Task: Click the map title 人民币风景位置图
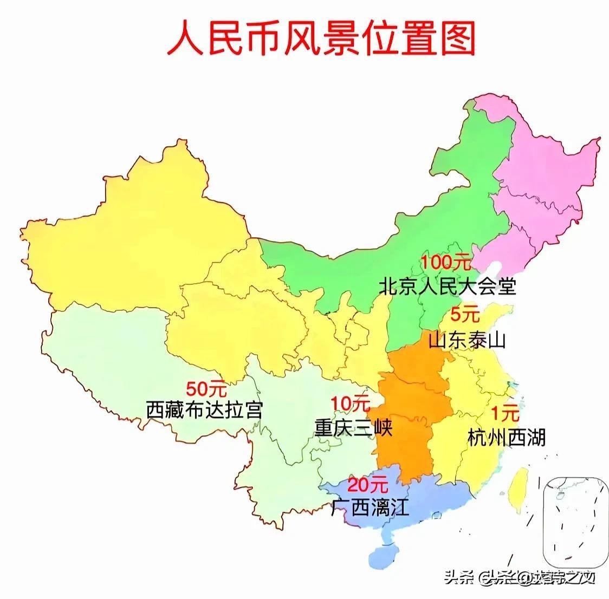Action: pos(321,38)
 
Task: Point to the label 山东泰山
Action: pos(467,340)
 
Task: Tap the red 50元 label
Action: pos(206,388)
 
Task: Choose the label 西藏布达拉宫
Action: pos(204,410)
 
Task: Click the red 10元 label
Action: pos(349,403)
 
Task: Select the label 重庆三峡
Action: pos(353,428)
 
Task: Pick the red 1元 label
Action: pos(504,414)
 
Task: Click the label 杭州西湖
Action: pos(506,437)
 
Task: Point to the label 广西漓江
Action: pos(370,508)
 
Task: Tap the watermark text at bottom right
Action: pos(519,578)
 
